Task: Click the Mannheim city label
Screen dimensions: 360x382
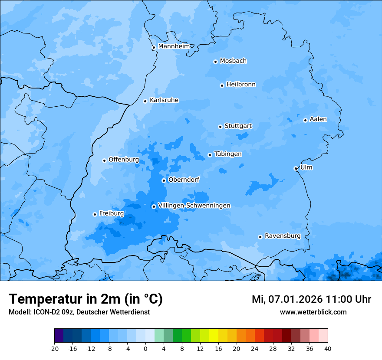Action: (x=174, y=46)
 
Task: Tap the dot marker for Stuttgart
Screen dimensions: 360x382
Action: (x=220, y=127)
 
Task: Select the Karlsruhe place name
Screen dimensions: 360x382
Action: (x=164, y=100)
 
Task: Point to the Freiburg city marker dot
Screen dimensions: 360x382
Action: (x=95, y=214)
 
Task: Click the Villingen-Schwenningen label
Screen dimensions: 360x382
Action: (x=194, y=206)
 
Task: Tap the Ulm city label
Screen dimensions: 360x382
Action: (x=306, y=167)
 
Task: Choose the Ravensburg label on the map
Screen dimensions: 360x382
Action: (x=283, y=236)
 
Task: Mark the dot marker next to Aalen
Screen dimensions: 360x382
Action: (x=305, y=120)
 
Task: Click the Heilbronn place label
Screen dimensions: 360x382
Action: (x=241, y=85)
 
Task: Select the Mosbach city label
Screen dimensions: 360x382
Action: (x=233, y=61)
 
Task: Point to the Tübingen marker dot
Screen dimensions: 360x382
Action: (x=210, y=155)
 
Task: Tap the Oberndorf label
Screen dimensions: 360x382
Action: (x=184, y=180)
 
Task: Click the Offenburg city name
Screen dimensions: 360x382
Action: (x=124, y=160)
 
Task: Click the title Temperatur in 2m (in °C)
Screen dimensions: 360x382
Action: (x=86, y=299)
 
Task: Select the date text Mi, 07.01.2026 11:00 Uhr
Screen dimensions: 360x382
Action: (x=311, y=299)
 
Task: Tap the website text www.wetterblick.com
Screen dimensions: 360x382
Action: (x=313, y=312)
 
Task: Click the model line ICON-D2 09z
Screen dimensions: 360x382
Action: (x=79, y=312)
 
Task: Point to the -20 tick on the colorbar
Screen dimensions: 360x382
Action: (x=54, y=348)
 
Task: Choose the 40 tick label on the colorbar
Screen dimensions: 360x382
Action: (x=328, y=348)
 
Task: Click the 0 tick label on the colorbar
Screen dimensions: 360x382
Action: (x=145, y=348)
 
